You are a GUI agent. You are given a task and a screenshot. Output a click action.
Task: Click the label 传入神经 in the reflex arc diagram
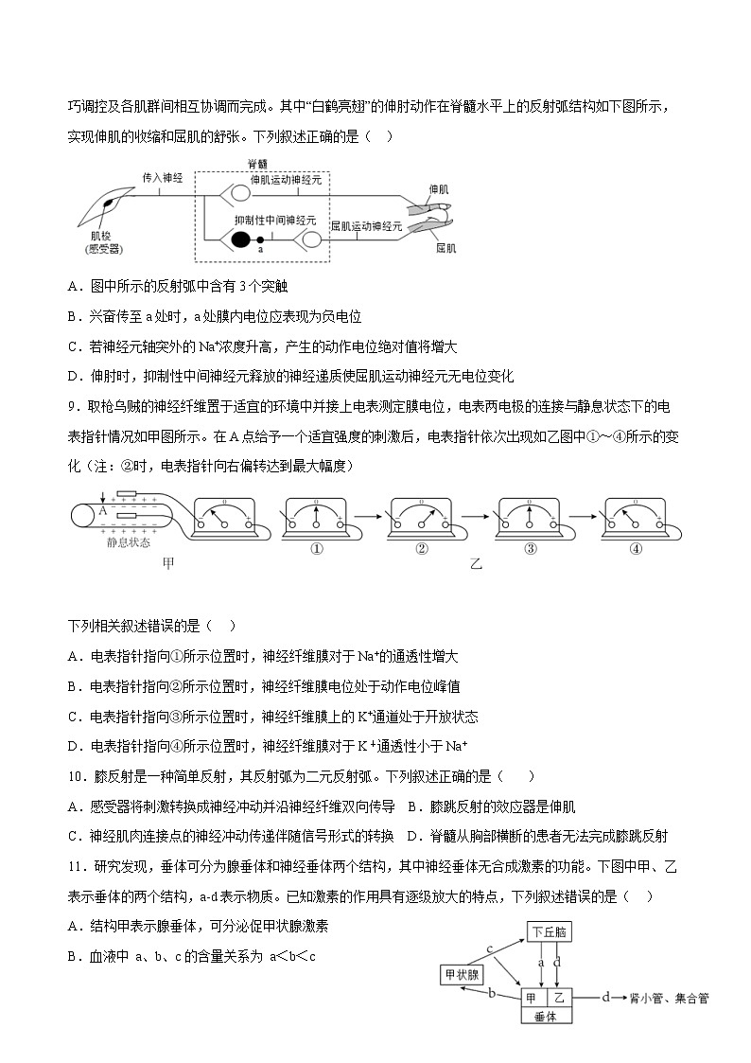[162, 177]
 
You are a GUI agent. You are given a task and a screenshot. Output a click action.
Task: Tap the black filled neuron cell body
[242, 239]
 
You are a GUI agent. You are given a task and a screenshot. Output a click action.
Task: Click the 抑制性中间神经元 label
[275, 219]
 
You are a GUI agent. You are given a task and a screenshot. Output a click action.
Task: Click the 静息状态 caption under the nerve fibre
[131, 543]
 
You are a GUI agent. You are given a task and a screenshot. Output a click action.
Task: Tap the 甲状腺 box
[463, 974]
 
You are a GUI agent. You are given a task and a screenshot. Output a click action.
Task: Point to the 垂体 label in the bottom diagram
[547, 1016]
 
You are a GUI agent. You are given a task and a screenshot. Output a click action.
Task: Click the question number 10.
[77, 778]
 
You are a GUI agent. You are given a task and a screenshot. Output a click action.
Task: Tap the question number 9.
[73, 407]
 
